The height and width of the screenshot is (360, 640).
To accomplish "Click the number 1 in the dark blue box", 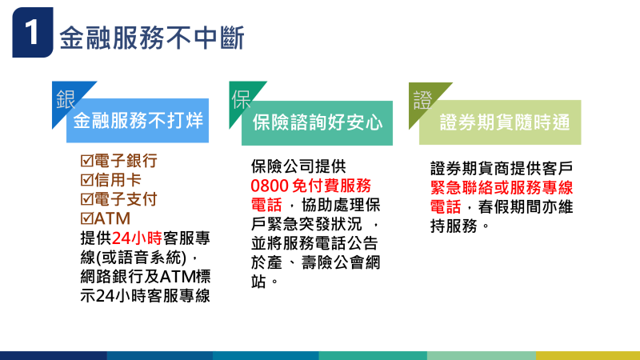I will click(x=31, y=34).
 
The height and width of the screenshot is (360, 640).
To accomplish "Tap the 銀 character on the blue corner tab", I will click(x=66, y=99).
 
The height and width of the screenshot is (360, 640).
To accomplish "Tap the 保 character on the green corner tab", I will click(x=242, y=99).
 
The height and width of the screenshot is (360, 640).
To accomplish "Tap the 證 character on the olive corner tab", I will click(x=421, y=99).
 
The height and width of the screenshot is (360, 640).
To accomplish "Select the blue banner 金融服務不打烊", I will click(x=137, y=122).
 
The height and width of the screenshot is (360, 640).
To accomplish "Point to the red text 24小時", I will click(x=137, y=238).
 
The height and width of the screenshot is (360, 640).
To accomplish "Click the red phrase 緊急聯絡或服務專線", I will click(x=502, y=187).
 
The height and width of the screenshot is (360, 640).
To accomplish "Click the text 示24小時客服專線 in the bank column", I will click(x=145, y=295).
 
